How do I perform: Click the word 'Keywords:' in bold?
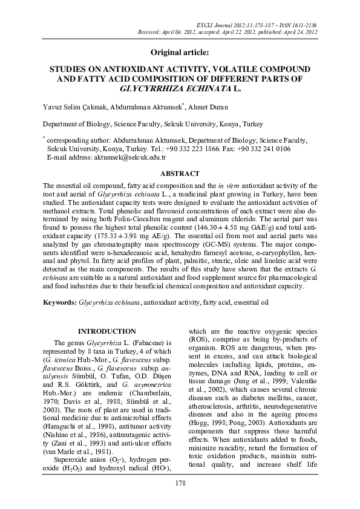[59, 301]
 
